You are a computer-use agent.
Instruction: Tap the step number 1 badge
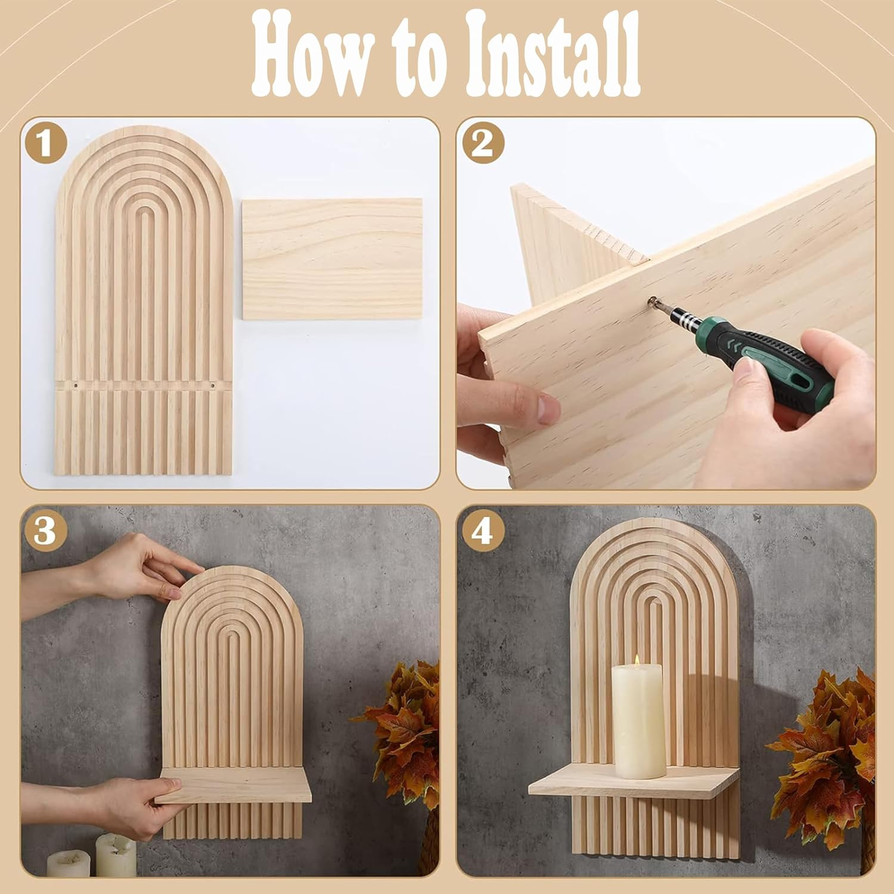(45, 144)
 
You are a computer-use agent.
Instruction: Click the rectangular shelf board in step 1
(332, 259)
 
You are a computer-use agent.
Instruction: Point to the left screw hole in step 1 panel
(76, 386)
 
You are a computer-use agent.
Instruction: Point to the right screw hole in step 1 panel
(213, 386)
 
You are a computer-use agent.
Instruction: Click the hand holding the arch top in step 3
(140, 566)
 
